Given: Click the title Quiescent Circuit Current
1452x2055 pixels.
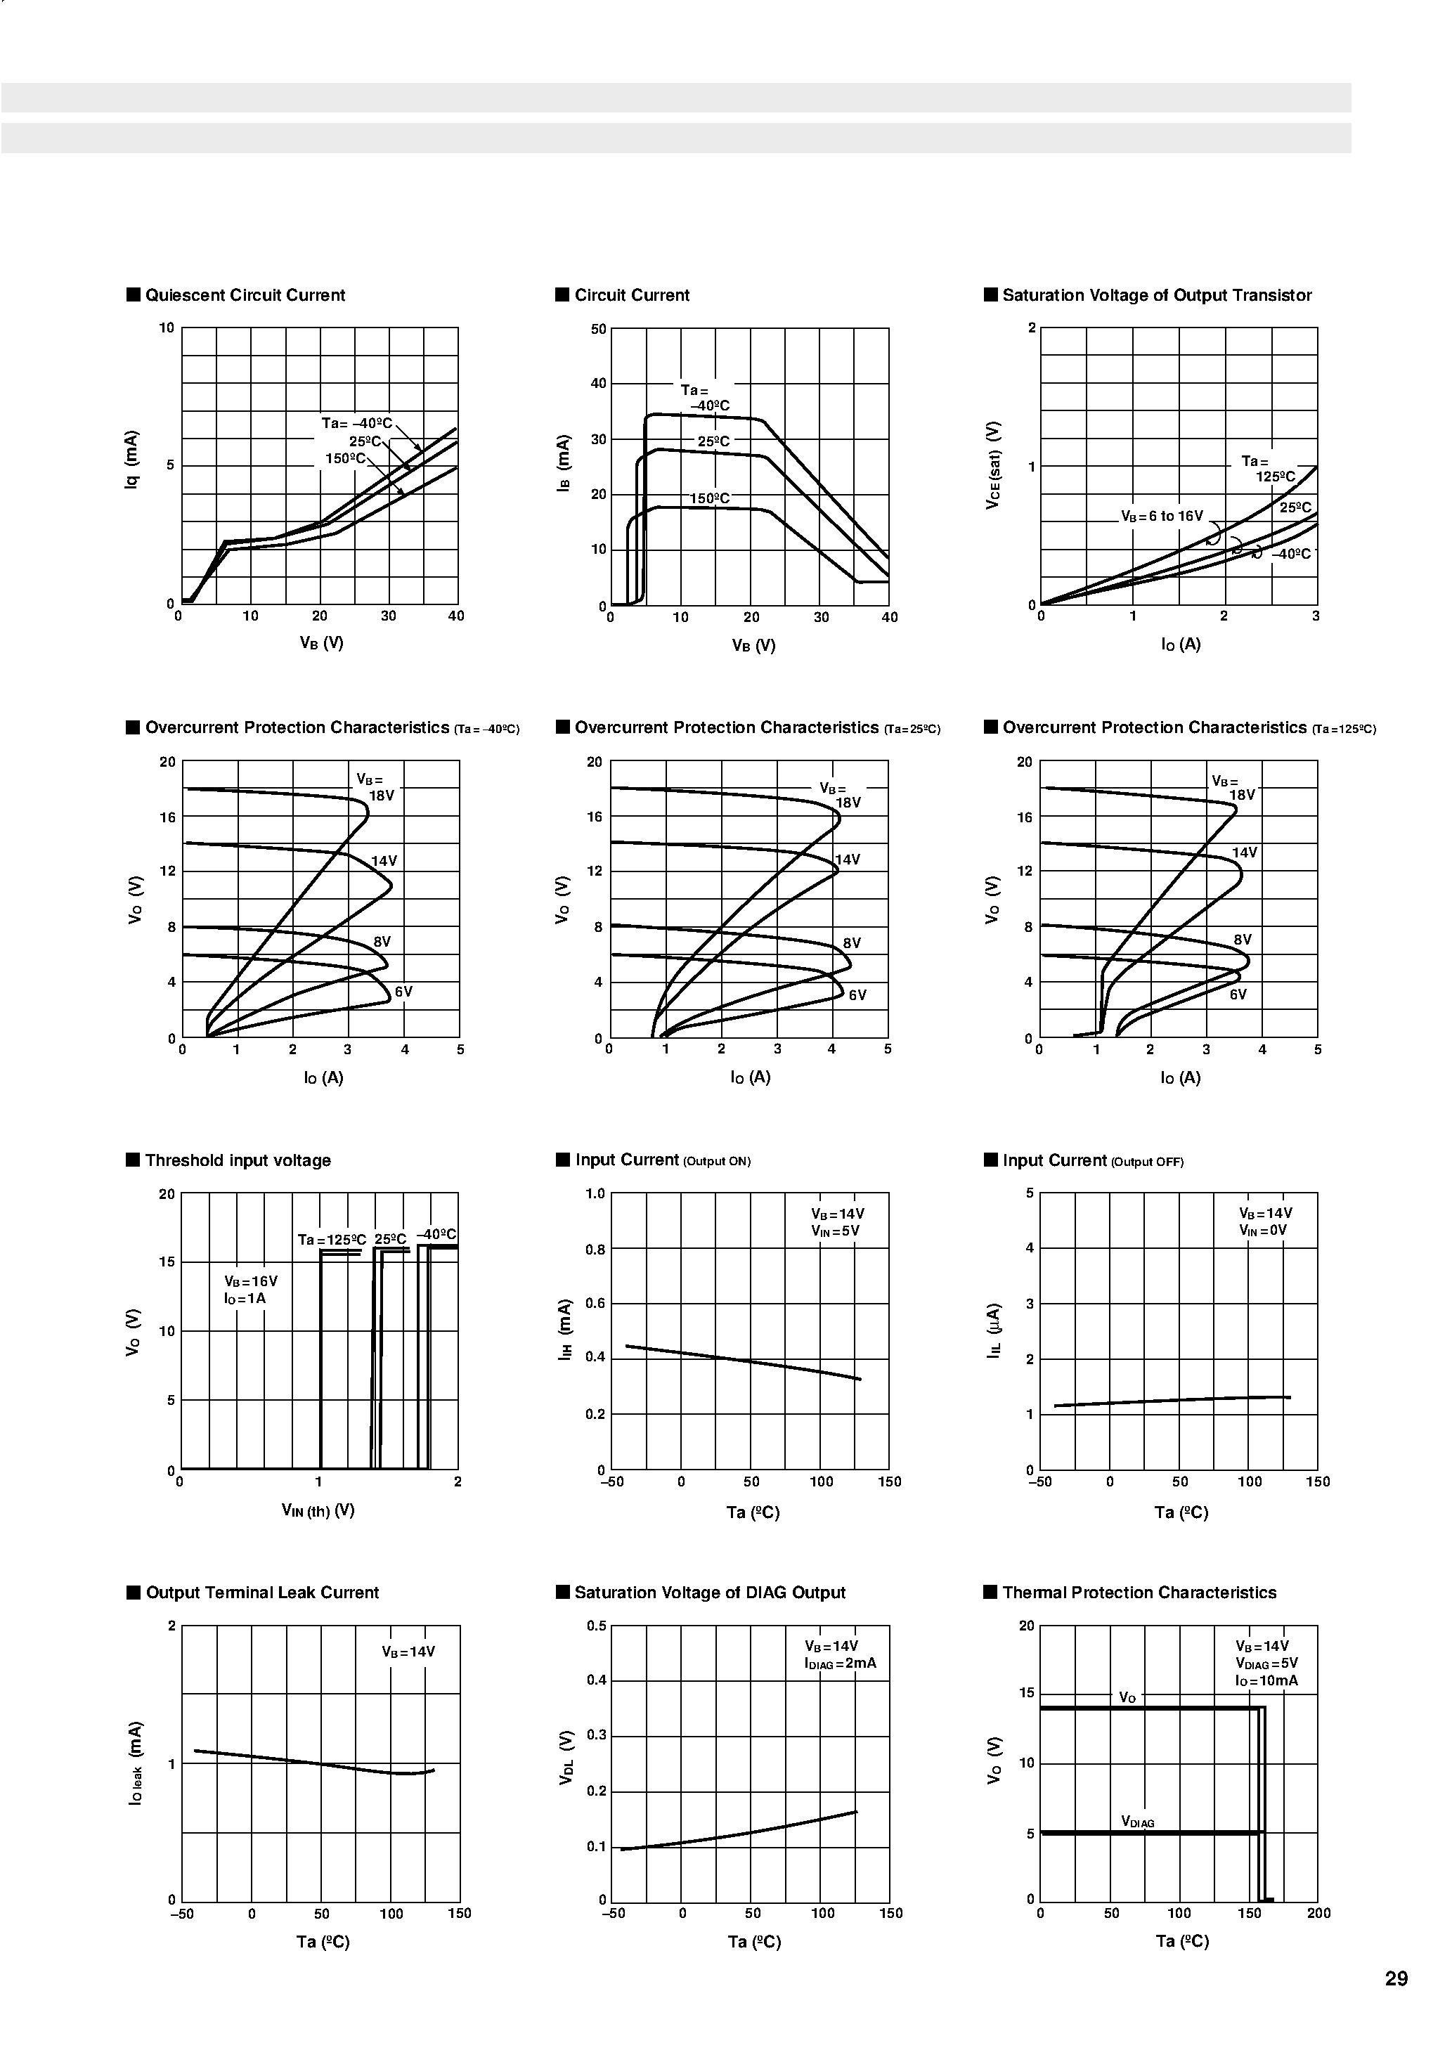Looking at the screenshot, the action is (245, 295).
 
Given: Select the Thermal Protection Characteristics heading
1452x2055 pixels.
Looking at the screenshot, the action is (1139, 1593).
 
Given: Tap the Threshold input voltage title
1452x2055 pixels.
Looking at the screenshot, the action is (238, 1161).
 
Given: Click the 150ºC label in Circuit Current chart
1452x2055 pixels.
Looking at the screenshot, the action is (710, 498).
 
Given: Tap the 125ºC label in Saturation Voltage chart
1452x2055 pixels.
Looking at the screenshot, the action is (1276, 477).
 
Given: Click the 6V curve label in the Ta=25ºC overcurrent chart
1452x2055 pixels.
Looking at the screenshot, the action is (857, 995).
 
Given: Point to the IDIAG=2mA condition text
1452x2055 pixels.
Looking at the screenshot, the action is (841, 1664).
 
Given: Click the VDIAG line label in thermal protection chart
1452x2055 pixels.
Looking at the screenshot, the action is (1138, 1822).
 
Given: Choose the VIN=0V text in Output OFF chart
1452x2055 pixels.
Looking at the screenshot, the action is (1263, 1231).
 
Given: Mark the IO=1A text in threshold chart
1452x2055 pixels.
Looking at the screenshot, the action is (245, 1299).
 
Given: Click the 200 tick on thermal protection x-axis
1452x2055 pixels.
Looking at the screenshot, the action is (1318, 1914).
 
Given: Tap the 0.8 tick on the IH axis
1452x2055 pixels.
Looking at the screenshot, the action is (595, 1250).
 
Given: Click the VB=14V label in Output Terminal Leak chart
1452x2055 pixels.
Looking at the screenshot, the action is (408, 1652).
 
